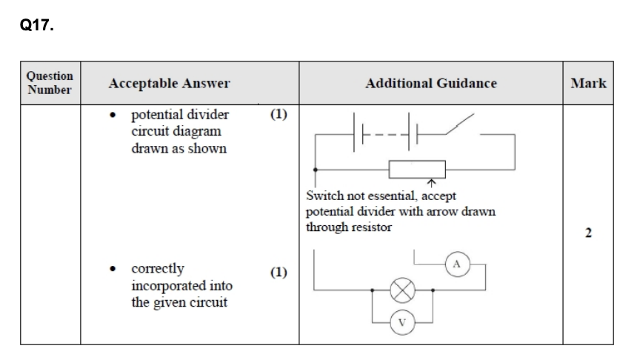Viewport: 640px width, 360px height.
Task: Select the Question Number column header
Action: pos(50,83)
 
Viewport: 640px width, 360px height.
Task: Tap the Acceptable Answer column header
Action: pos(169,83)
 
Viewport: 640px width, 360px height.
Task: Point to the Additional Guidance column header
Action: pos(430,83)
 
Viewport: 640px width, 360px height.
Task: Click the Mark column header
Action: pos(588,83)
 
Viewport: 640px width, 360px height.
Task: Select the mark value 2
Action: pos(588,234)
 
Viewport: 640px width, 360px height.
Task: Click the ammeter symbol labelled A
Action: pos(456,264)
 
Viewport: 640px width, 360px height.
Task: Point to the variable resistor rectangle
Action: pos(417,168)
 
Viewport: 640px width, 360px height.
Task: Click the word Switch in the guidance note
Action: pos(322,196)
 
